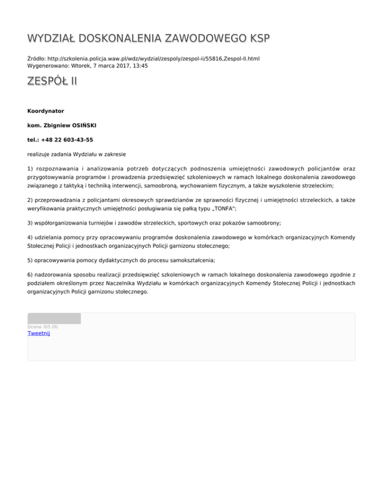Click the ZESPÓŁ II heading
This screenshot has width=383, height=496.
[x=52, y=81]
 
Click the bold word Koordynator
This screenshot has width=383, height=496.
[x=45, y=110]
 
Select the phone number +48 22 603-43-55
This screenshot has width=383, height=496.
[x=68, y=140]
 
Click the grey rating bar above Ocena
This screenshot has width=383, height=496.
[x=54, y=318]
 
